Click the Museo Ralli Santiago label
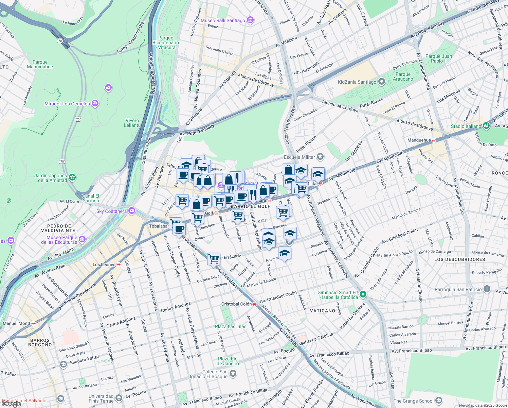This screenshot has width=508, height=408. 223,20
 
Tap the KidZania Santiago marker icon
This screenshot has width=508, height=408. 382,82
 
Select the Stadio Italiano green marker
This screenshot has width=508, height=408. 486,126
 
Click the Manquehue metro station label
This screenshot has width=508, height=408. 419,140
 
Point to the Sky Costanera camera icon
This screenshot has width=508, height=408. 131,211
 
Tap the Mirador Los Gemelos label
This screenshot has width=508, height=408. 67,104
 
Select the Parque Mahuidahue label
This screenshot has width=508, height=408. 40,64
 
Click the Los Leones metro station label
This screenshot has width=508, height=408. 104,265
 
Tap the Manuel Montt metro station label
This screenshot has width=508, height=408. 17,323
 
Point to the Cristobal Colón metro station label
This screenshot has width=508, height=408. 237,304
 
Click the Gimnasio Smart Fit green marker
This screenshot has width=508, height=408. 363,294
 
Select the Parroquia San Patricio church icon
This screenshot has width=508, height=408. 487,289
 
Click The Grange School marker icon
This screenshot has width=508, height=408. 438,401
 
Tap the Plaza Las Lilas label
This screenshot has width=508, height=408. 231,326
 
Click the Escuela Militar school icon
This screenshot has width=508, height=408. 320,157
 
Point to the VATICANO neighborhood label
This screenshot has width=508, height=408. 323,311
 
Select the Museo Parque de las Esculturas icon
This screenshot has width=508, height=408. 82,240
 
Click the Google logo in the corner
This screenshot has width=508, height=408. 11,404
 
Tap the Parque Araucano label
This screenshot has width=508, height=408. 403,76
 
